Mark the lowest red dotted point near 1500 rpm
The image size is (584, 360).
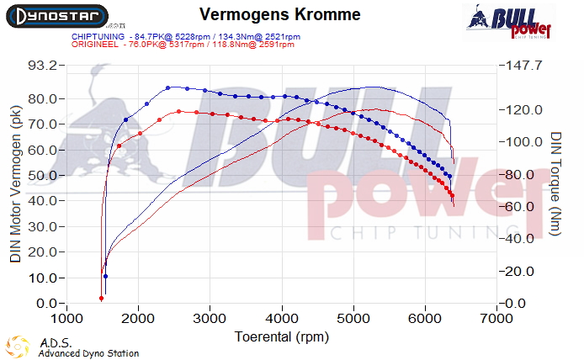(x=101, y=298)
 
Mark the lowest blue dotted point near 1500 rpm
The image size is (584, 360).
(x=105, y=276)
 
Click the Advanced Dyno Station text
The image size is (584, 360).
(x=88, y=353)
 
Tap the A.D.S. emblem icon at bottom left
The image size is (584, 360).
(x=19, y=347)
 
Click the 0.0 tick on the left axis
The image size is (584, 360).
(x=48, y=304)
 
